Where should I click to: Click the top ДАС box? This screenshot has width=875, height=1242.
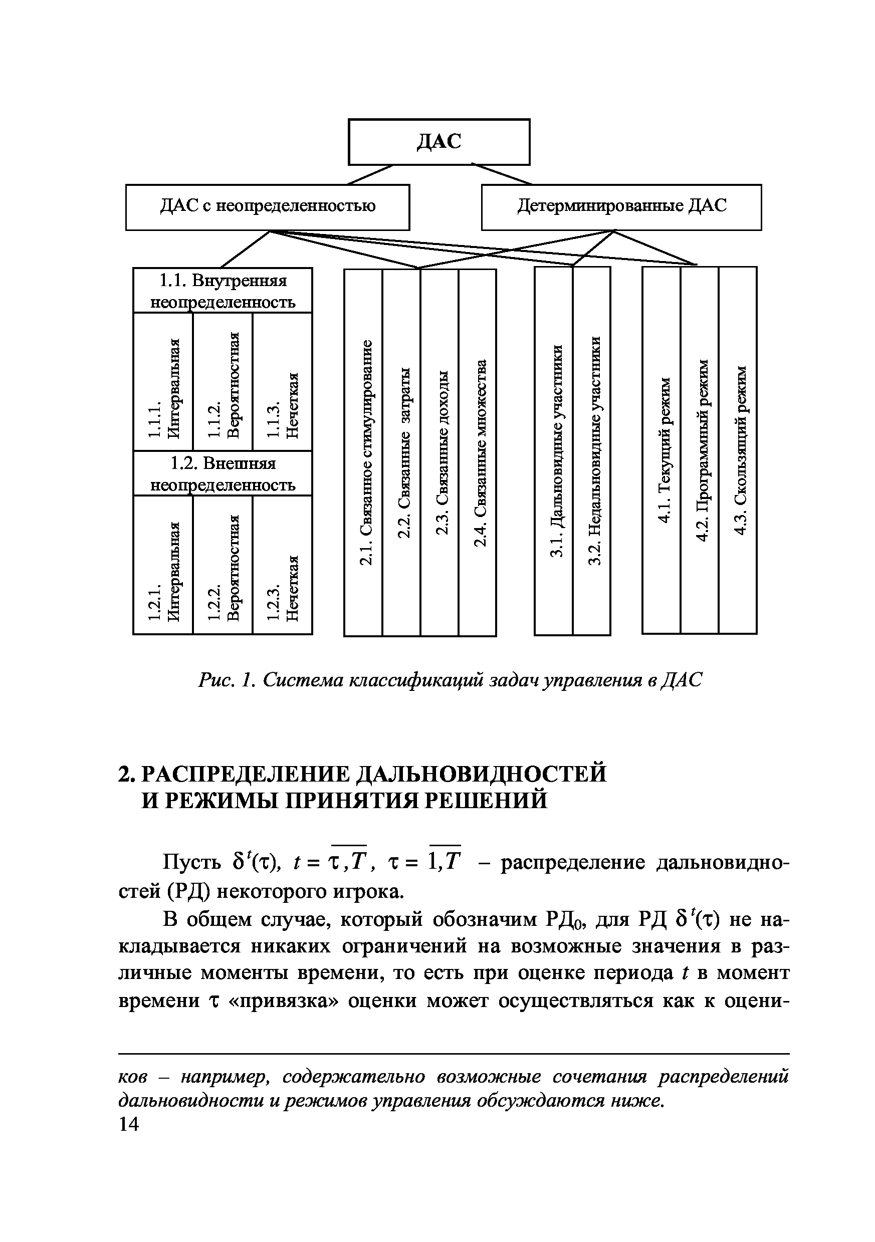pos(439,142)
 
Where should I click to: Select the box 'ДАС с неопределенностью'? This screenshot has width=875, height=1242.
pos(267,207)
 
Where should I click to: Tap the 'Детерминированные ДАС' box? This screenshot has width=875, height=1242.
pos(621,207)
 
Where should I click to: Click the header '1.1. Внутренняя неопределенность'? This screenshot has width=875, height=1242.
pos(223,291)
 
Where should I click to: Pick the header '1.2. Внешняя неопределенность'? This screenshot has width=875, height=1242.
pos(223,473)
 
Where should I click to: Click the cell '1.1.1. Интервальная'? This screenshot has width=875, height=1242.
pos(163,382)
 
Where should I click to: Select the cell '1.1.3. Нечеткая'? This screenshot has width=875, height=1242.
pos(283,382)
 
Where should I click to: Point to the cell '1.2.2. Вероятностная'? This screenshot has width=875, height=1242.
pos(223,565)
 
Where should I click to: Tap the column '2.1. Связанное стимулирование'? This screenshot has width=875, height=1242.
pos(364,452)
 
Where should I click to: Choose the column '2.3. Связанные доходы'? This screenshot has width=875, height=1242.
pos(440,452)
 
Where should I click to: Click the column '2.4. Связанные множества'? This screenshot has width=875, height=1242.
pos(477,452)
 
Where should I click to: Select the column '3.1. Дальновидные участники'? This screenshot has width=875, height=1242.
pos(554,450)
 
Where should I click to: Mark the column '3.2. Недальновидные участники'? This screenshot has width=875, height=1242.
pos(591,450)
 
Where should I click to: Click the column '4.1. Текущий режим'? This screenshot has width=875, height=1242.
pos(661,449)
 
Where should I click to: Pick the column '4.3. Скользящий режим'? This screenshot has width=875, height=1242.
pos(738,449)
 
